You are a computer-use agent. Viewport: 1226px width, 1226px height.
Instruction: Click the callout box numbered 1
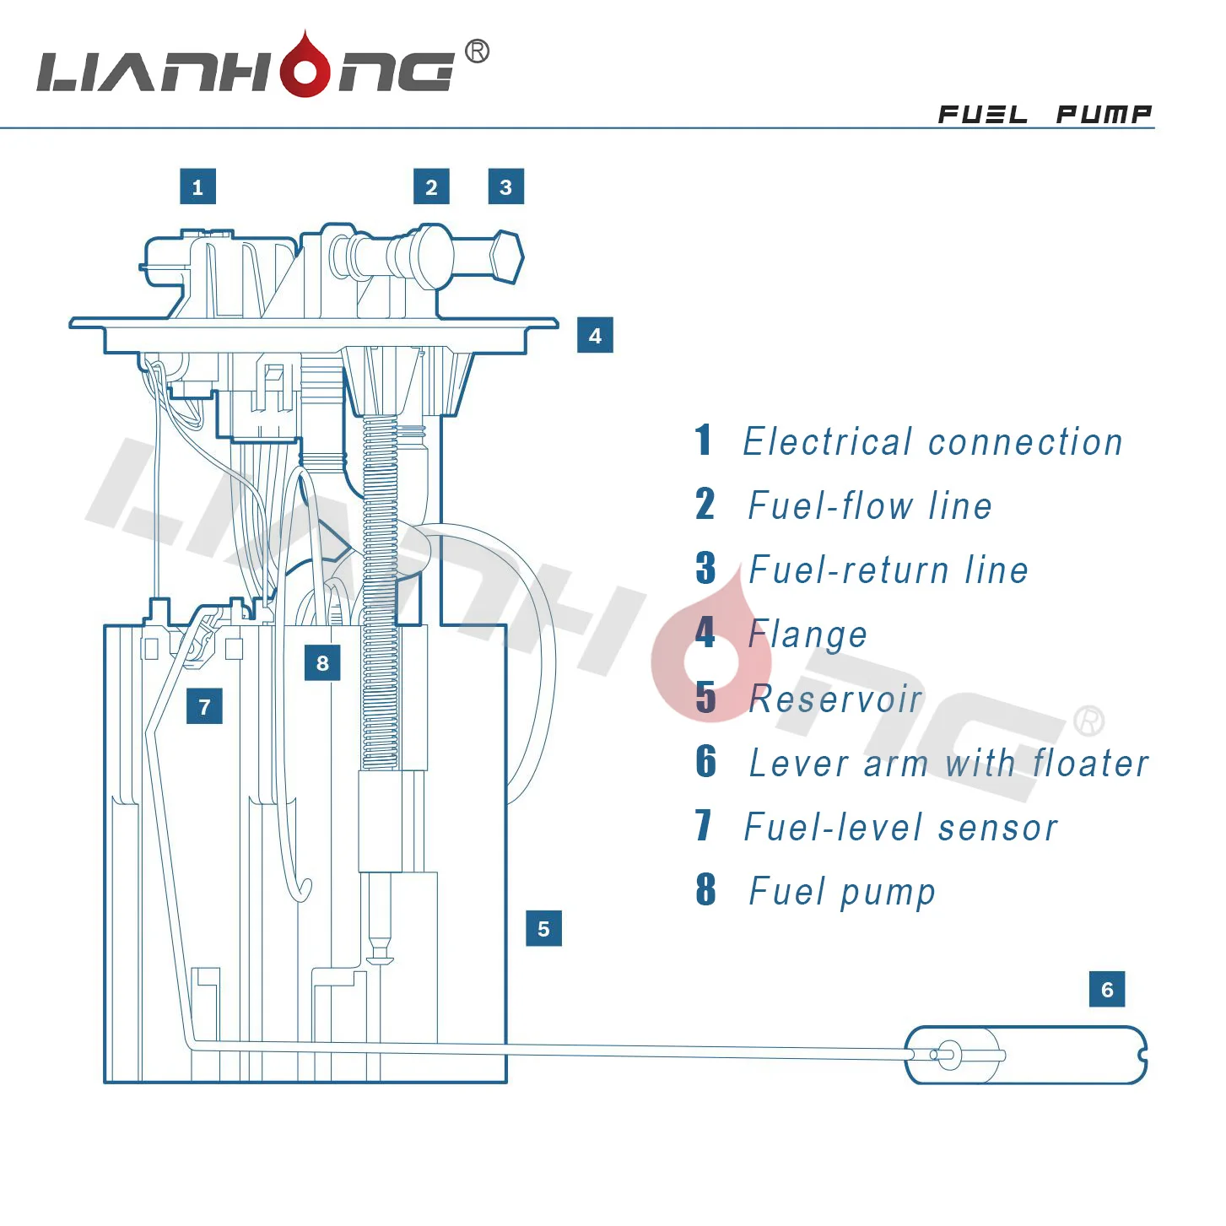[197, 186]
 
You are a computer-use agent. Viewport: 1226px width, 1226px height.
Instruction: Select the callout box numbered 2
[431, 186]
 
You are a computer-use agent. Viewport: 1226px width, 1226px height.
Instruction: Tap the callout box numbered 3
[505, 186]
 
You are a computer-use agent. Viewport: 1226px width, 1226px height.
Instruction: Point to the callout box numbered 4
[595, 336]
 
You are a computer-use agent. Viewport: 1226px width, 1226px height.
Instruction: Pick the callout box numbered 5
[543, 928]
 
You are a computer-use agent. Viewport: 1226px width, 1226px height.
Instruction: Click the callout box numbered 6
[1107, 989]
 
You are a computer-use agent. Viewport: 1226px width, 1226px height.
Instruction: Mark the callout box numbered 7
[204, 706]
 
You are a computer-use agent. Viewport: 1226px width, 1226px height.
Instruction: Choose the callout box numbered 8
[322, 663]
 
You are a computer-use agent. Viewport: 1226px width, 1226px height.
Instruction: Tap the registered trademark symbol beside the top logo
[477, 51]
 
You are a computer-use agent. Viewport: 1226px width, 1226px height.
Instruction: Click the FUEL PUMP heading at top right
[1045, 114]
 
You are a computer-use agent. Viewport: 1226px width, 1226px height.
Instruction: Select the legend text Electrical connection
[932, 441]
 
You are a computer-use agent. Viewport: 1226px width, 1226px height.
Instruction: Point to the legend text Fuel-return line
[888, 570]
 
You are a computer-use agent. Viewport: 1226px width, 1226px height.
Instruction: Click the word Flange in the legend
[807, 634]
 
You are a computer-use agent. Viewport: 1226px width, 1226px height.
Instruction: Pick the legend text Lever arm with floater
[948, 763]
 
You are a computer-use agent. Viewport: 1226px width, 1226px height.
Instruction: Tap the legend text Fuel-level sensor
[900, 827]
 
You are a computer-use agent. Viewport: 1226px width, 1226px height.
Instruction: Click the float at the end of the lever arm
[1025, 1055]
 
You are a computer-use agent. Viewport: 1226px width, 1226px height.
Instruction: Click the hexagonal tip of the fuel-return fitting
[506, 257]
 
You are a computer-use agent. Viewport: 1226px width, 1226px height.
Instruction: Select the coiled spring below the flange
[380, 591]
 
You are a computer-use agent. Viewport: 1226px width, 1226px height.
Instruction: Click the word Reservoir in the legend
[835, 699]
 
